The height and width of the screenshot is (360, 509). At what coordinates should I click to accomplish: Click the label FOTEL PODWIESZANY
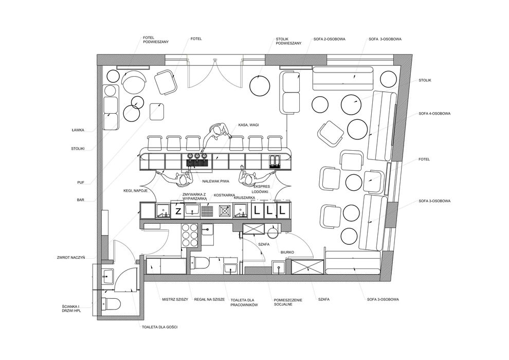pos(155,40)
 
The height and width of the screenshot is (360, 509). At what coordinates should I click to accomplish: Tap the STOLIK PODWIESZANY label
pos(288,41)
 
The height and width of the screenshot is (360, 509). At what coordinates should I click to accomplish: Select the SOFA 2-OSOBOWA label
pos(330,39)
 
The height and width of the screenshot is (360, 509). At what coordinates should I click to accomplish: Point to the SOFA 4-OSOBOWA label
pos(434,114)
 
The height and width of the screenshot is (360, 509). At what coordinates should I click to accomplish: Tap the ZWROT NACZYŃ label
pos(71,258)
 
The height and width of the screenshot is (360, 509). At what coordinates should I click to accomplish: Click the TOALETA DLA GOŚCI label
pos(160,327)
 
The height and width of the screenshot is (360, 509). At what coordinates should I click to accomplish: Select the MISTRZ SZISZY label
pos(175,299)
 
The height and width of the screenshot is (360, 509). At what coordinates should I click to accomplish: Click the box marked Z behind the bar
pos(177,211)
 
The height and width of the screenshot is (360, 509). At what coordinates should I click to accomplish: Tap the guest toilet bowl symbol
pos(111,303)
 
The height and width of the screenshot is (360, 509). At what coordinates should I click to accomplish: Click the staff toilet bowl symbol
pos(200,263)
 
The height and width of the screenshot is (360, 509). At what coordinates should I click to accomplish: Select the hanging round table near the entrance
pos(260,86)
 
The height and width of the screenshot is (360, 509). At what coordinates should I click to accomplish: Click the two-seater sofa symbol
pos(290,93)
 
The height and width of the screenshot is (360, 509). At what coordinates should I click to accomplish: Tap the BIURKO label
pos(287,252)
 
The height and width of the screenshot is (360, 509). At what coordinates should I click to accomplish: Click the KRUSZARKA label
pos(244,197)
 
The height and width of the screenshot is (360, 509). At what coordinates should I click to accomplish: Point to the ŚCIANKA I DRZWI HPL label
pos(71,309)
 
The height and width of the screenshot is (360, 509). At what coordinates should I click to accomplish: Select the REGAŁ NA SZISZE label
pos(209,299)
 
